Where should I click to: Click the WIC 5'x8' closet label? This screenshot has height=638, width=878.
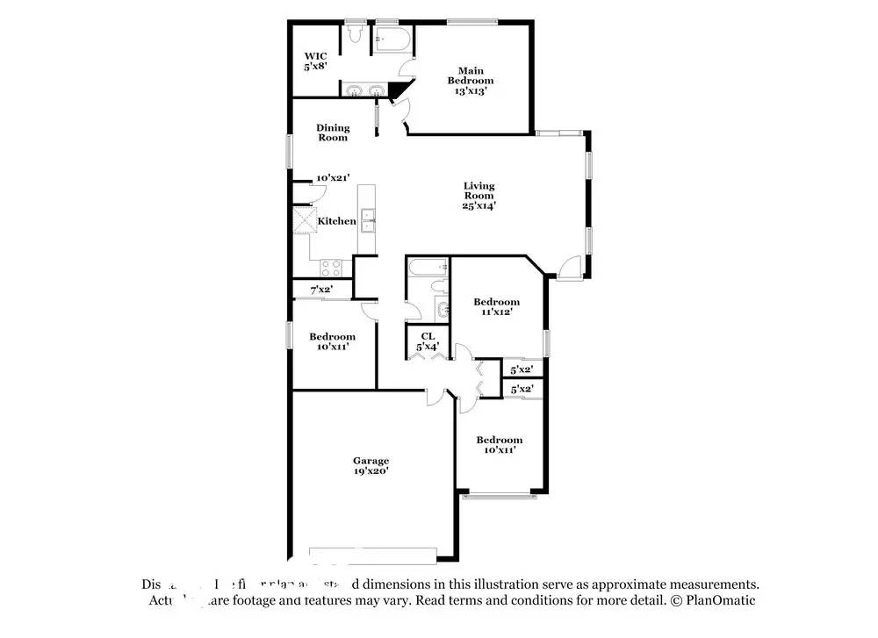(316, 61)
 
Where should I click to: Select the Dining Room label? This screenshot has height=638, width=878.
(333, 133)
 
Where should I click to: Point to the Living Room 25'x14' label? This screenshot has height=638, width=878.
(479, 196)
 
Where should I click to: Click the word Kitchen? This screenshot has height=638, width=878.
(336, 221)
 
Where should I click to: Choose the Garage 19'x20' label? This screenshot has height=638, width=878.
(371, 466)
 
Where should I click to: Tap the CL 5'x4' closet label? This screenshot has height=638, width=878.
(428, 341)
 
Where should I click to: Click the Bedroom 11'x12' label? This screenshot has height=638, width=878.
(496, 306)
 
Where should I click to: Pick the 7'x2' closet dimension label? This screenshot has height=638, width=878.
(320, 290)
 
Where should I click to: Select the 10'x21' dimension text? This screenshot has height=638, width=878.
(334, 178)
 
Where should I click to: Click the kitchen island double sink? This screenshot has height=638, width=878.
(367, 220)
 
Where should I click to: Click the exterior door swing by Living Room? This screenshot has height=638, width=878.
(569, 267)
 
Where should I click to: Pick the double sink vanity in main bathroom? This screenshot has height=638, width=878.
(365, 90)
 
